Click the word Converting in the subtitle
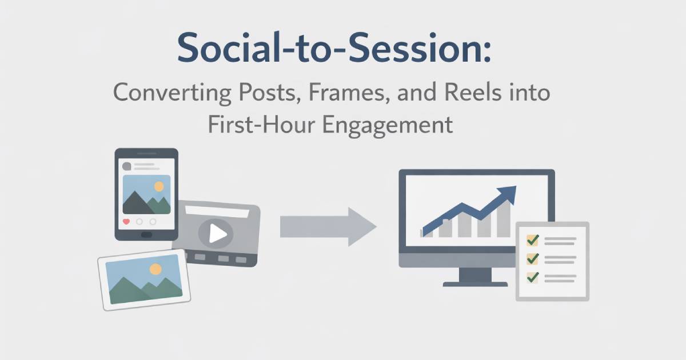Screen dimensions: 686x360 click(x=172, y=93)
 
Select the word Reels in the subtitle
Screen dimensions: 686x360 click(x=473, y=92)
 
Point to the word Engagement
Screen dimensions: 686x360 click(x=388, y=126)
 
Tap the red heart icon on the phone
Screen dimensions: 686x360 click(x=126, y=221)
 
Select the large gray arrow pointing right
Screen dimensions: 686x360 click(x=328, y=227)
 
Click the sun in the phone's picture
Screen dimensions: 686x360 click(x=159, y=186)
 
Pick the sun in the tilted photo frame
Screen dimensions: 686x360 click(x=155, y=269)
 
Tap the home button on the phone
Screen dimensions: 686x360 click(x=146, y=235)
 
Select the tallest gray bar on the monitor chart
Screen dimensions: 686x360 click(x=504, y=218)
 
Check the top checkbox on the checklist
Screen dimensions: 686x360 click(x=533, y=241)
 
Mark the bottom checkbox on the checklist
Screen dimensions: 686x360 click(x=533, y=278)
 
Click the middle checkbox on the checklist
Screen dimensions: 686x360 click(x=533, y=259)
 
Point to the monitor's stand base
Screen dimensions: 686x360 click(x=475, y=285)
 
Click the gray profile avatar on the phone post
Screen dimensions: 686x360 click(x=126, y=166)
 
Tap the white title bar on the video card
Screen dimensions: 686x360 click(x=217, y=211)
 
